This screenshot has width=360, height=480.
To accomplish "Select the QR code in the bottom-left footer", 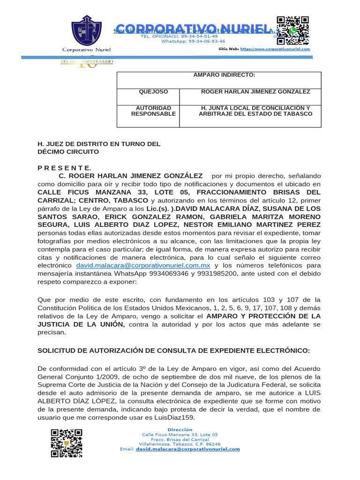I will click(x=67, y=442).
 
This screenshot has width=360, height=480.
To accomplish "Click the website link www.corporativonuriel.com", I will click(x=275, y=49).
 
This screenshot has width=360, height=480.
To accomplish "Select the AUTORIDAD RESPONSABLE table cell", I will click(x=153, y=111).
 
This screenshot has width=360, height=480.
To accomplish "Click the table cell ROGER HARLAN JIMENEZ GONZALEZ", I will click(x=255, y=92).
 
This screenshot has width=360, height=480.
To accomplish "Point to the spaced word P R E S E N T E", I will click(x=65, y=168).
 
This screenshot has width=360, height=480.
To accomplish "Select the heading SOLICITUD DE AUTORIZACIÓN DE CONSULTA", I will click(x=173, y=351).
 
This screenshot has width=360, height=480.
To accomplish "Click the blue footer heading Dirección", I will click(x=180, y=429).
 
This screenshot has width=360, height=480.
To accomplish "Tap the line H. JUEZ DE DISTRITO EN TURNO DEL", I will click(x=99, y=144).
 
